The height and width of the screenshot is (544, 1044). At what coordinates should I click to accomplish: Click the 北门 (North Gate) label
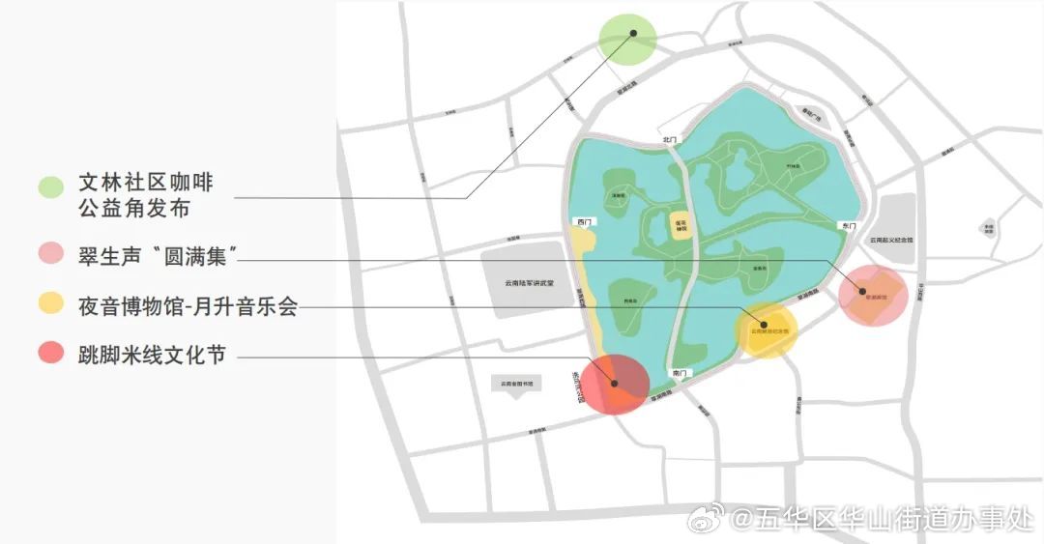(666, 140)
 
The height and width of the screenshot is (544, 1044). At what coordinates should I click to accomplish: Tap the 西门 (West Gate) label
(582, 222)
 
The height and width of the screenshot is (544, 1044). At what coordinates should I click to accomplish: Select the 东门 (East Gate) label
(848, 225)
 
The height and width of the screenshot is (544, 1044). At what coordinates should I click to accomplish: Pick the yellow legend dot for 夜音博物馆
(51, 305)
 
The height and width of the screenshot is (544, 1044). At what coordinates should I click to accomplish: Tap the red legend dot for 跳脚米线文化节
(51, 354)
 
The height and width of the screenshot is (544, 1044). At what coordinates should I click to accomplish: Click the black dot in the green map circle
(633, 33)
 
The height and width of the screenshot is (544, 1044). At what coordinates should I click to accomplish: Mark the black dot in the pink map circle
(862, 291)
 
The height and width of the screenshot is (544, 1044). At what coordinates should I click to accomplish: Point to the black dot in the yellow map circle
(764, 325)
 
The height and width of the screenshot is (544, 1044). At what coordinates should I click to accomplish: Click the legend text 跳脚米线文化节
(152, 355)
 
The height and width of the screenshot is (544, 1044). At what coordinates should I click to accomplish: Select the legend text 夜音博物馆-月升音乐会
(188, 306)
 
